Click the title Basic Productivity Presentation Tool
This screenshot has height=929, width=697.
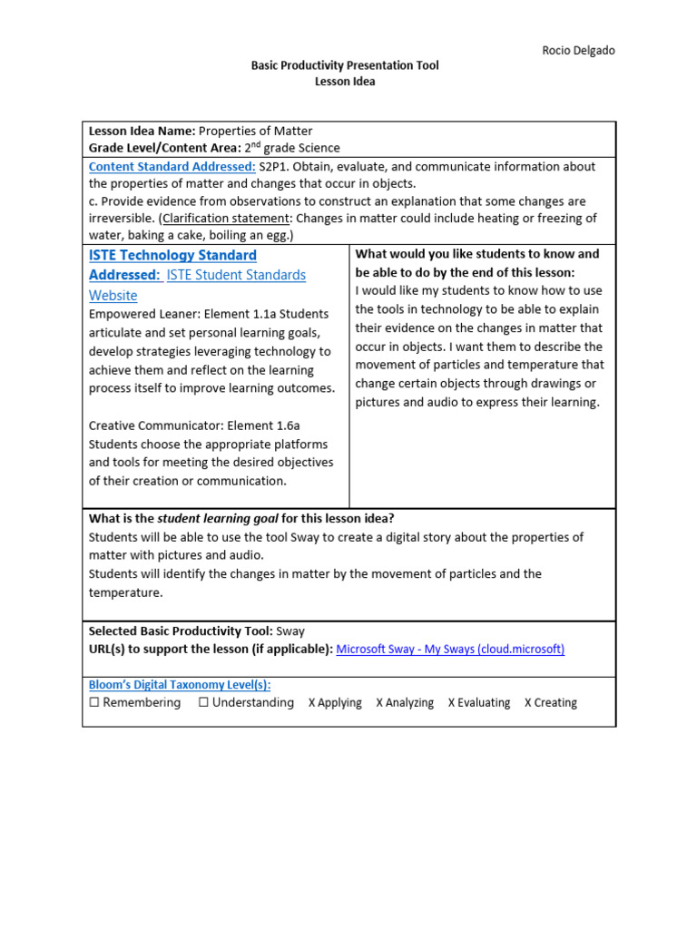tap(344, 66)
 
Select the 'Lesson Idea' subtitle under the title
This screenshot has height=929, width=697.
tap(344, 82)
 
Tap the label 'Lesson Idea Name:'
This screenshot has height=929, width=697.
tap(142, 132)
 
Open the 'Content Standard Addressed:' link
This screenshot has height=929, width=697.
tap(172, 167)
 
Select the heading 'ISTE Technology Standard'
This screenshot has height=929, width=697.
tap(172, 256)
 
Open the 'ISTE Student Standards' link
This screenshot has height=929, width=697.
tap(236, 275)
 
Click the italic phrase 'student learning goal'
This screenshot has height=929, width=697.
tap(218, 519)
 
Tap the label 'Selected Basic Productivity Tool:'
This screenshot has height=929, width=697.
tap(180, 631)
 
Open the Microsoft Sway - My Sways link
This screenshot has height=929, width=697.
tap(450, 650)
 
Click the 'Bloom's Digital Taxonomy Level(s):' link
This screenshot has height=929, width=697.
tap(179, 685)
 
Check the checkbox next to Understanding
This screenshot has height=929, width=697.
tap(203, 703)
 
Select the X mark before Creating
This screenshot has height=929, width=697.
tap(528, 703)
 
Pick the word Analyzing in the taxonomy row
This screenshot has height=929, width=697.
tap(411, 703)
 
